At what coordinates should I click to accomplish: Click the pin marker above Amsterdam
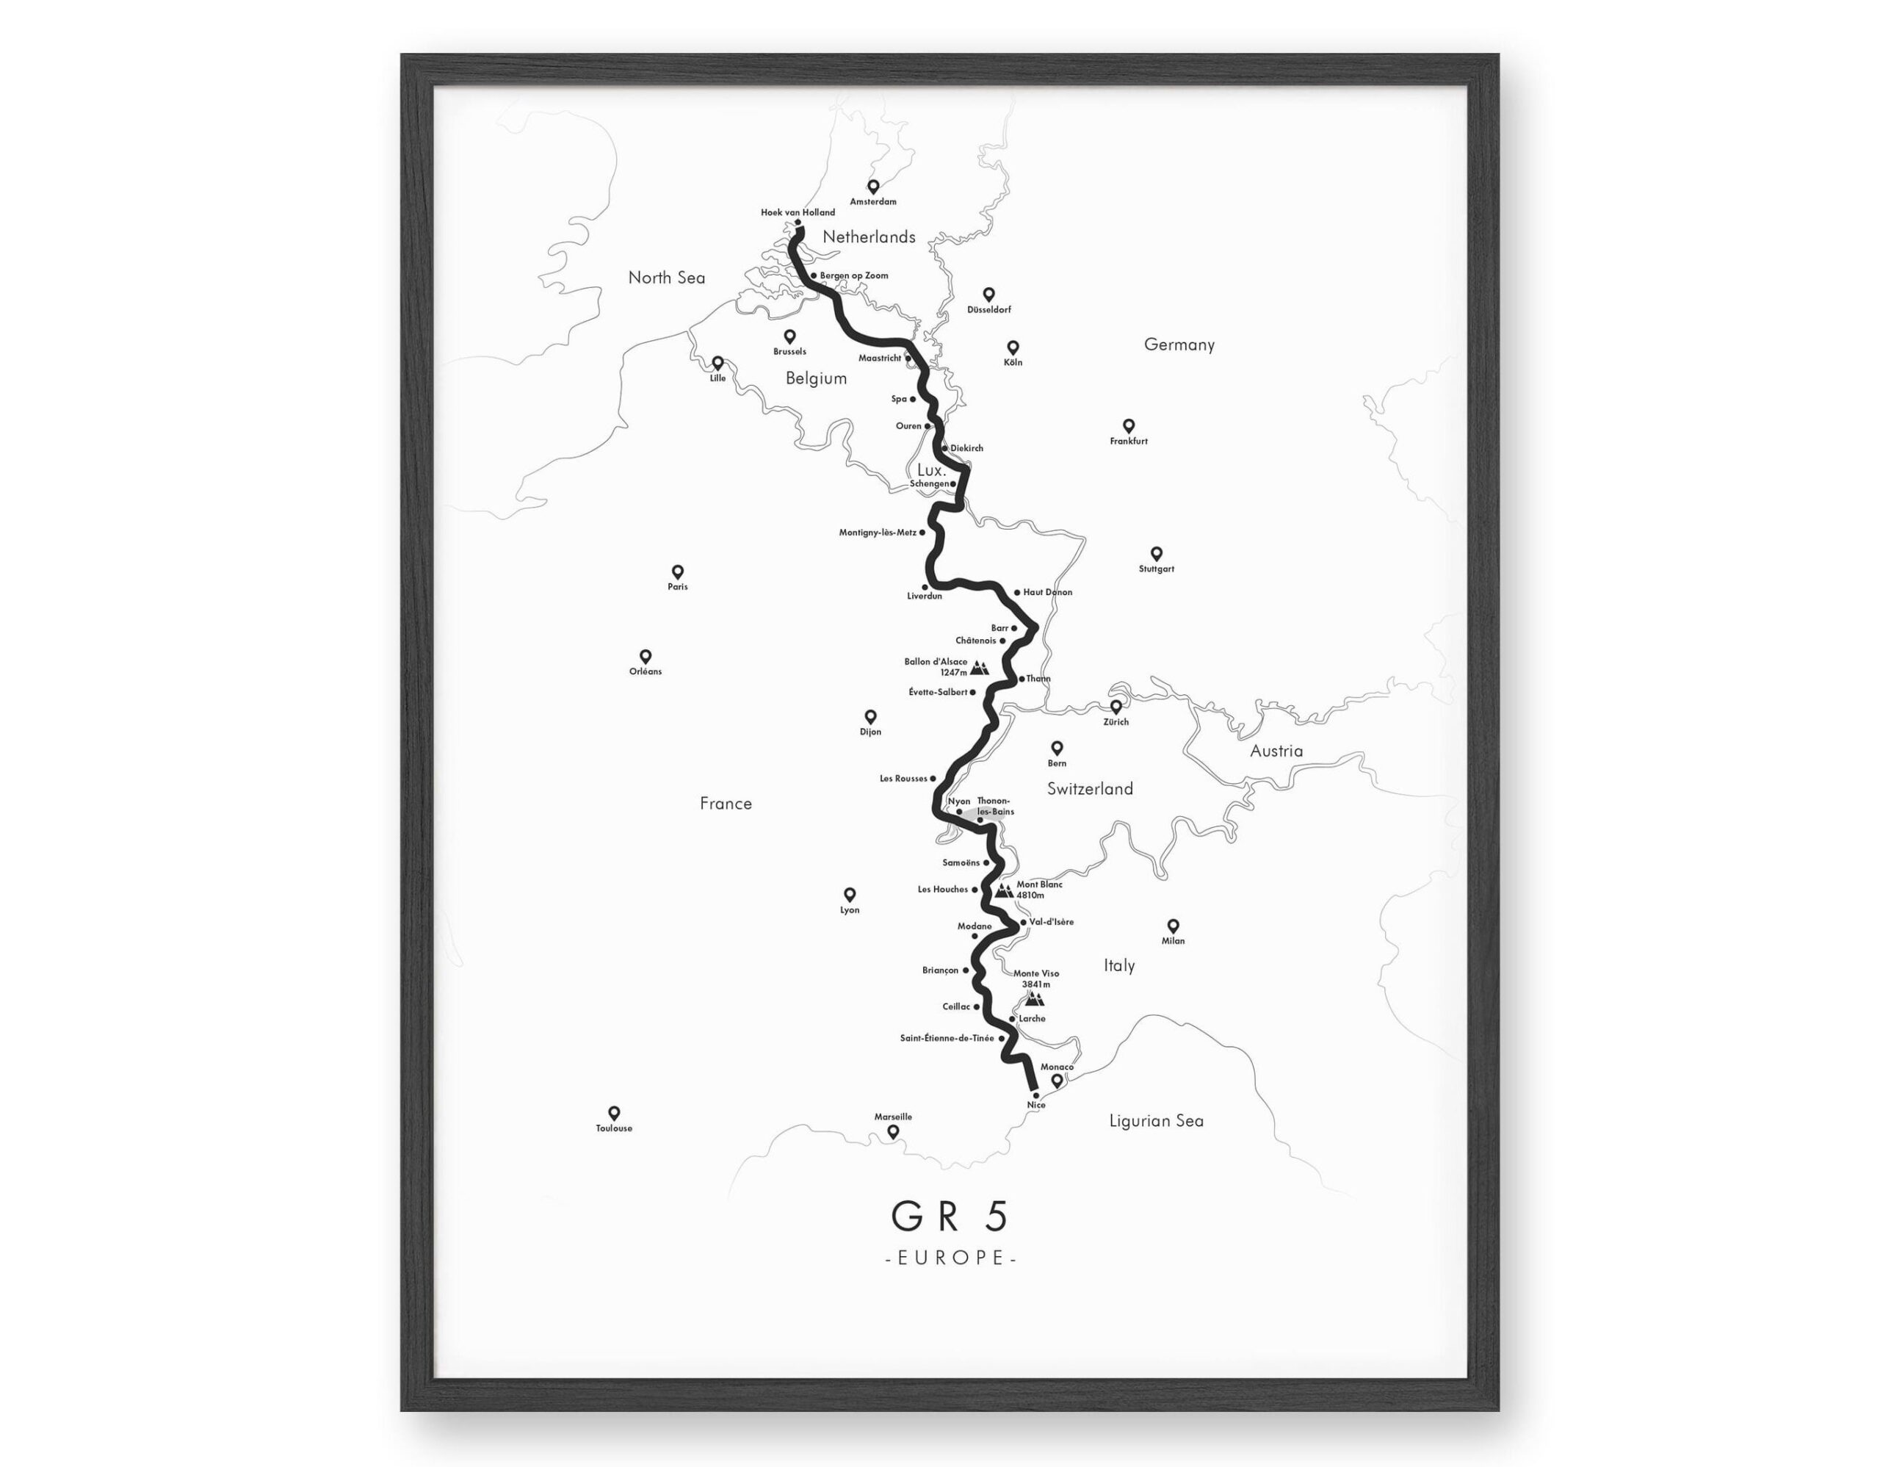point(873,186)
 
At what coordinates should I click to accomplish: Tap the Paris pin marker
point(677,572)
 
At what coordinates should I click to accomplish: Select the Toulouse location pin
point(614,1113)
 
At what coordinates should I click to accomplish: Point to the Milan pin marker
point(1172,926)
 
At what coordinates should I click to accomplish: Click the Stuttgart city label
point(1156,569)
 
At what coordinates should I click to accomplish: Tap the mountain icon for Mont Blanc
point(1003,890)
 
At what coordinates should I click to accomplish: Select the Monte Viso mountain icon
point(1035,998)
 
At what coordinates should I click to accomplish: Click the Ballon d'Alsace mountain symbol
point(980,667)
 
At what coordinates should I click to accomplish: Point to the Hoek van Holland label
point(797,212)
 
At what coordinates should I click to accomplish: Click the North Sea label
point(666,277)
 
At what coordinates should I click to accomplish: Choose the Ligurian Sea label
point(1156,1121)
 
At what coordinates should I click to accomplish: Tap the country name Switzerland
point(1090,789)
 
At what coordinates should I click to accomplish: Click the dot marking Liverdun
point(925,586)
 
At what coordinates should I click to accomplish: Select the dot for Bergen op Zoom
point(814,275)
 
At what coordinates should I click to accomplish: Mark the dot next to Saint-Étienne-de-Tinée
point(1002,1038)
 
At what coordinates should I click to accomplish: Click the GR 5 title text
point(950,1216)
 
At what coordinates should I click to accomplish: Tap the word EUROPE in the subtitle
point(951,1258)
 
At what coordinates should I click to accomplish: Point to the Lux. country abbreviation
point(931,470)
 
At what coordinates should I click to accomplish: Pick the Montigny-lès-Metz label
point(877,533)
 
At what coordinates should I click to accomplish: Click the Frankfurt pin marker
point(1129,426)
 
